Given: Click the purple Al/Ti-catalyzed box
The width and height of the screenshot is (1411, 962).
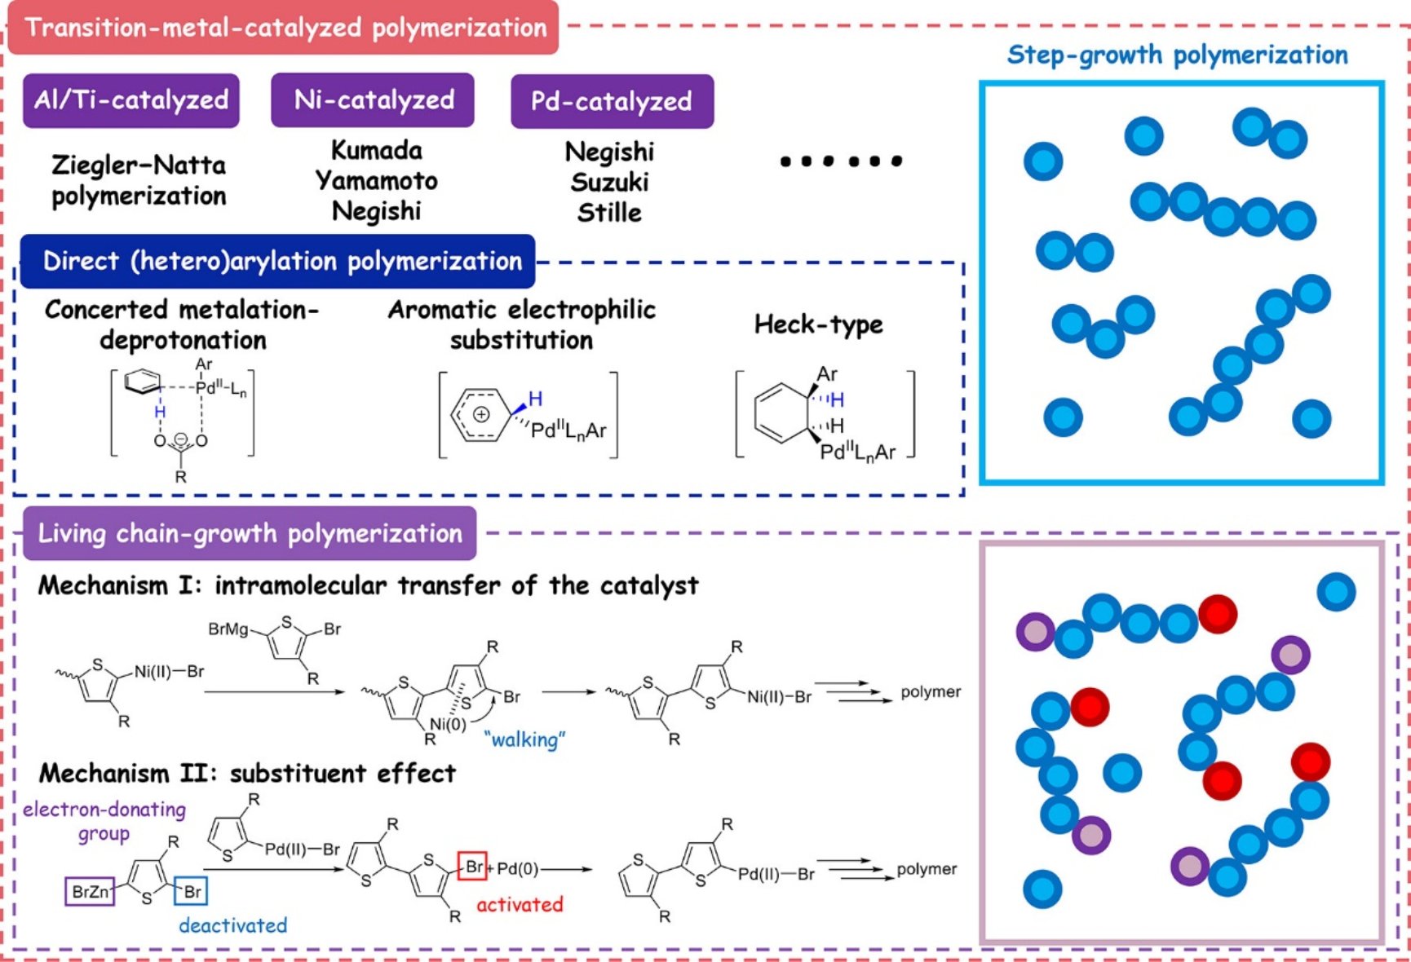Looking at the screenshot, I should click(131, 100).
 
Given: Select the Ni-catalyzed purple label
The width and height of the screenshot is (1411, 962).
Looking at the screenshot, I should click(373, 100).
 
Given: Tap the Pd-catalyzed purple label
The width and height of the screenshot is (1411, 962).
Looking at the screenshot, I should click(612, 101).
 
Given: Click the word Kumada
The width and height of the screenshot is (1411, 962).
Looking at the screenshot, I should click(376, 150).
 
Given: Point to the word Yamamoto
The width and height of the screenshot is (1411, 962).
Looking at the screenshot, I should click(376, 180).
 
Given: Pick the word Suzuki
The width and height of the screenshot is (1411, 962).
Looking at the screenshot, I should click(609, 182).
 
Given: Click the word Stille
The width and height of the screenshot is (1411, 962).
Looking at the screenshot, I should click(609, 213).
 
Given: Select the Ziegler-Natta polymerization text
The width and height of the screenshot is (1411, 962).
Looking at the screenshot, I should click(139, 180).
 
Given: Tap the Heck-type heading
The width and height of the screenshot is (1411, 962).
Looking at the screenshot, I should click(818, 324).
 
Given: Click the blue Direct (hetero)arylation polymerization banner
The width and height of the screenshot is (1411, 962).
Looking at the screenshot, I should click(278, 261).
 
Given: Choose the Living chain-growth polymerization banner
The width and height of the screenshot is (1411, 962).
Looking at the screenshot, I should click(250, 533).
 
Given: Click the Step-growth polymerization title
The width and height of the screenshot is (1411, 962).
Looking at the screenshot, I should click(1177, 55).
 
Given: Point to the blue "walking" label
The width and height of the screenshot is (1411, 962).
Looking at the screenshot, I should click(524, 739).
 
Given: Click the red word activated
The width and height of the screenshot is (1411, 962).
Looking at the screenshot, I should click(520, 904).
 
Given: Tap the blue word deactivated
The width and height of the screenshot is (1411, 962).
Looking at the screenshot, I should click(232, 925).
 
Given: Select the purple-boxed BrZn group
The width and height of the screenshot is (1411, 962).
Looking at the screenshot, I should click(90, 891).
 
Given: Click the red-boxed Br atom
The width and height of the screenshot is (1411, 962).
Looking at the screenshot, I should click(473, 867).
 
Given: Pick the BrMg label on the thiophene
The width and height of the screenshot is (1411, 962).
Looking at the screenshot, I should click(228, 629).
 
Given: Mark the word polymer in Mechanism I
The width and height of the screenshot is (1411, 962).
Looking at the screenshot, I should click(930, 691).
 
